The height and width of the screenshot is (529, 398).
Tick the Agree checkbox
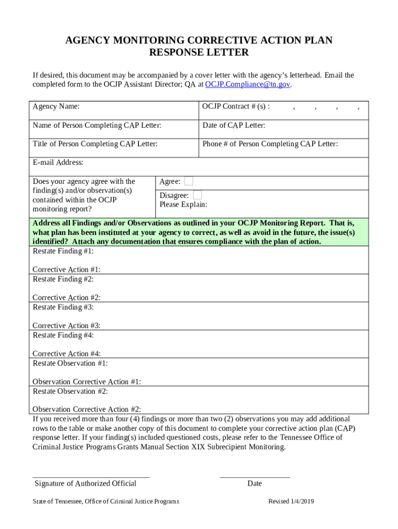(x=189, y=181)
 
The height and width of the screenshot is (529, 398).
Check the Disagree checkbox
(x=197, y=195)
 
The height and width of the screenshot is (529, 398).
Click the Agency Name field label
(x=56, y=107)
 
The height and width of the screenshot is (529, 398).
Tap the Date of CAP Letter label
(x=234, y=126)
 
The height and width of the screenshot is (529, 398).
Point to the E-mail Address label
(x=58, y=163)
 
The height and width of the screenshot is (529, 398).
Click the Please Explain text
(x=183, y=205)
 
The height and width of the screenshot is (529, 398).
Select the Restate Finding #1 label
(x=63, y=251)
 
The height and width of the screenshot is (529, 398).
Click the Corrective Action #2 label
(x=66, y=298)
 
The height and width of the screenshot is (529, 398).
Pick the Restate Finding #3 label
(x=63, y=307)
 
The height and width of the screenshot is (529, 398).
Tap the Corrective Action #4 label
(x=66, y=353)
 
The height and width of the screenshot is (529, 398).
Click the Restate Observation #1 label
(x=70, y=363)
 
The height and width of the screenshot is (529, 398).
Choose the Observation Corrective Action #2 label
(x=87, y=409)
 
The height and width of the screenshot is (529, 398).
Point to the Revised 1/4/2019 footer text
(x=292, y=502)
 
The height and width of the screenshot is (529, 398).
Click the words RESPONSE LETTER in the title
(x=198, y=53)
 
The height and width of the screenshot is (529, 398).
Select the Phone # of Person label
(x=270, y=144)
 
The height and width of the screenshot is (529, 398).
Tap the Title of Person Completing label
(x=95, y=144)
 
